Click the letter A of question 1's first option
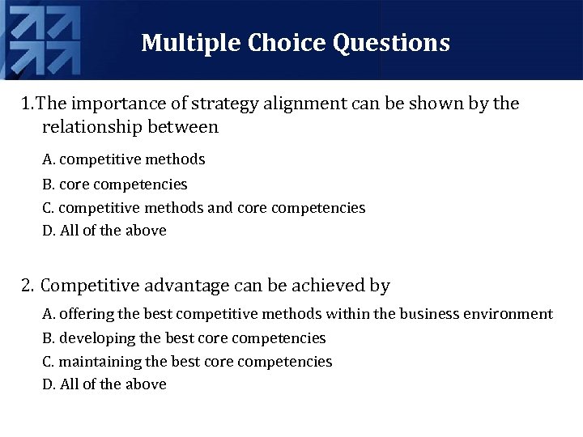[48, 159]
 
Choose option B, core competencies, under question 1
[114, 185]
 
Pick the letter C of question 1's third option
[48, 208]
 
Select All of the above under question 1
[104, 231]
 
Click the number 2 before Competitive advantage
[27, 286]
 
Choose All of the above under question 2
[104, 384]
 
